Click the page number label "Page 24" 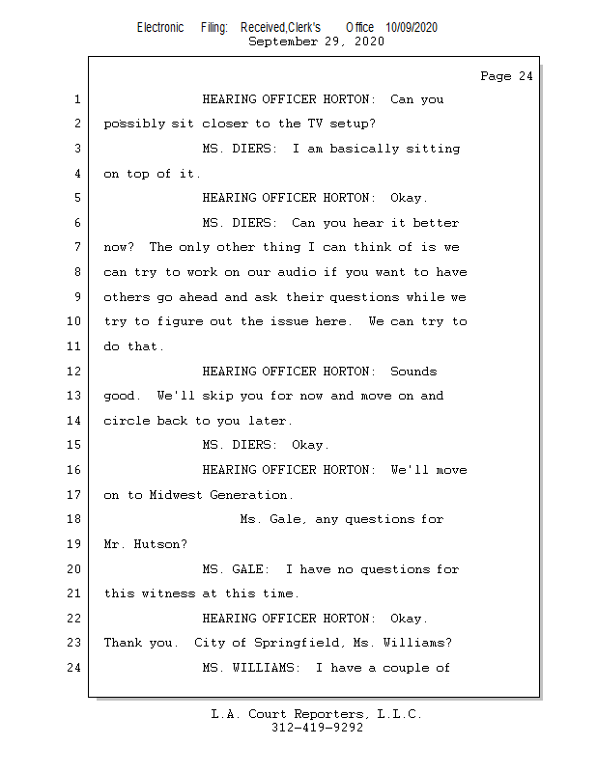(x=506, y=76)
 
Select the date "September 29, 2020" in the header (x=316, y=41)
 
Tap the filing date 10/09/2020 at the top (x=411, y=27)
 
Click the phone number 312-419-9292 (x=317, y=728)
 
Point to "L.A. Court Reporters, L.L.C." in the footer (x=317, y=714)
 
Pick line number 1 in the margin (x=76, y=99)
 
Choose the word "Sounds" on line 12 (x=413, y=372)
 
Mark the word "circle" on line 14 (x=127, y=421)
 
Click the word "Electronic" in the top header (x=160, y=27)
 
